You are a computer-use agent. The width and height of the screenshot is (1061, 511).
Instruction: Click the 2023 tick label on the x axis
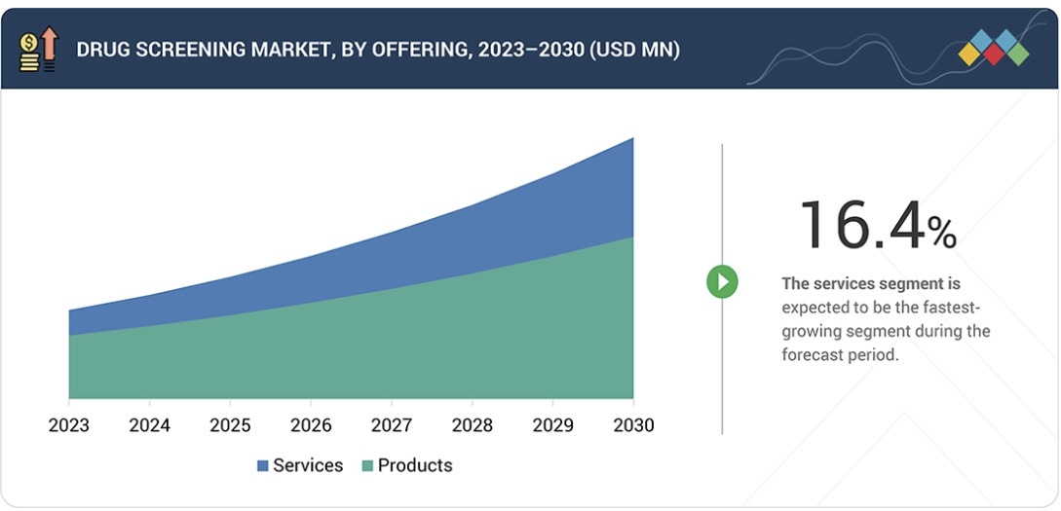pos(68,425)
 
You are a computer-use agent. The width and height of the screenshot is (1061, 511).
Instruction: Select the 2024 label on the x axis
pos(149,425)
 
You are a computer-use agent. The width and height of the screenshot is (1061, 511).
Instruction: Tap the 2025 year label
pos(230,425)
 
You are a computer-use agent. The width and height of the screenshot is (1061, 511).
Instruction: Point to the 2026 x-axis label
pos(310,425)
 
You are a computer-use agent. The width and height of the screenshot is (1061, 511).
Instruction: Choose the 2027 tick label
pos(391,425)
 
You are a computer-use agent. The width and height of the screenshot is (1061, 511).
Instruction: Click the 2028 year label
pos(472,425)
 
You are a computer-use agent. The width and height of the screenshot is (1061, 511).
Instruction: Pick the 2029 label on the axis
pos(552,425)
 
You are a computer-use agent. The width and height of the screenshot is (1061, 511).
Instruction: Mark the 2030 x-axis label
pos(633,425)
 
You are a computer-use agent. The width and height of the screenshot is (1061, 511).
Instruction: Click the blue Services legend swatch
pos(262,466)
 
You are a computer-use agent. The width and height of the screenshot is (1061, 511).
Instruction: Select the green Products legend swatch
pos(367,466)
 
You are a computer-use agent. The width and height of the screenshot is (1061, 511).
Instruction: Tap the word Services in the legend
pos(308,465)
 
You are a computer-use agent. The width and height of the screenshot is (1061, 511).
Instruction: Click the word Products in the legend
pos(415,465)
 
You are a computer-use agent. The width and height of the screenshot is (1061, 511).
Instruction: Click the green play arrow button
pos(722,282)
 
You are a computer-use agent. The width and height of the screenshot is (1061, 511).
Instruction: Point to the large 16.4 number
pos(859,225)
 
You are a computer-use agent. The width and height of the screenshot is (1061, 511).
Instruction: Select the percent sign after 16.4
pos(941,233)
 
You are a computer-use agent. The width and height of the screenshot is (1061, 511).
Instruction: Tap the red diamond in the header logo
pos(993,55)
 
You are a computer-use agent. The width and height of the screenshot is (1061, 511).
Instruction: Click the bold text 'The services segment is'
pos(871,284)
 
